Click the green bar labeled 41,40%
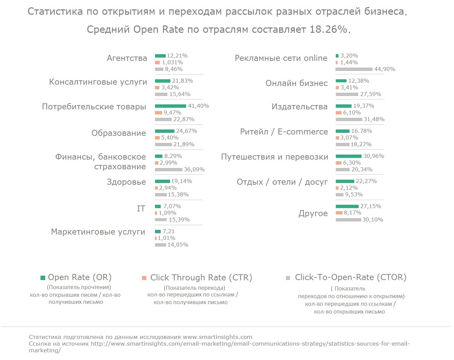click(170, 106)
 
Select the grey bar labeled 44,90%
click(354, 69)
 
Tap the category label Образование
click(119, 133)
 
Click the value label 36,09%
click(194, 170)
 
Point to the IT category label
click(141, 209)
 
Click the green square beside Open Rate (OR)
click(43, 278)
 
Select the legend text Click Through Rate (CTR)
click(201, 278)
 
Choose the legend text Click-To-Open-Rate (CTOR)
click(351, 277)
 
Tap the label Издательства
click(299, 107)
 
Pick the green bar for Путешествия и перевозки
click(349, 156)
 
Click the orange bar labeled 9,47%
click(158, 113)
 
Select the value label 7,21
click(169, 232)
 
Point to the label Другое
click(313, 213)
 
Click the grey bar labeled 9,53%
click(339, 195)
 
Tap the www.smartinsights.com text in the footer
click(217, 337)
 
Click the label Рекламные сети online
click(281, 58)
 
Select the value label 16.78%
click(362, 131)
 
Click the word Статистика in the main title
click(55, 11)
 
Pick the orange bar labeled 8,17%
click(339, 213)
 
